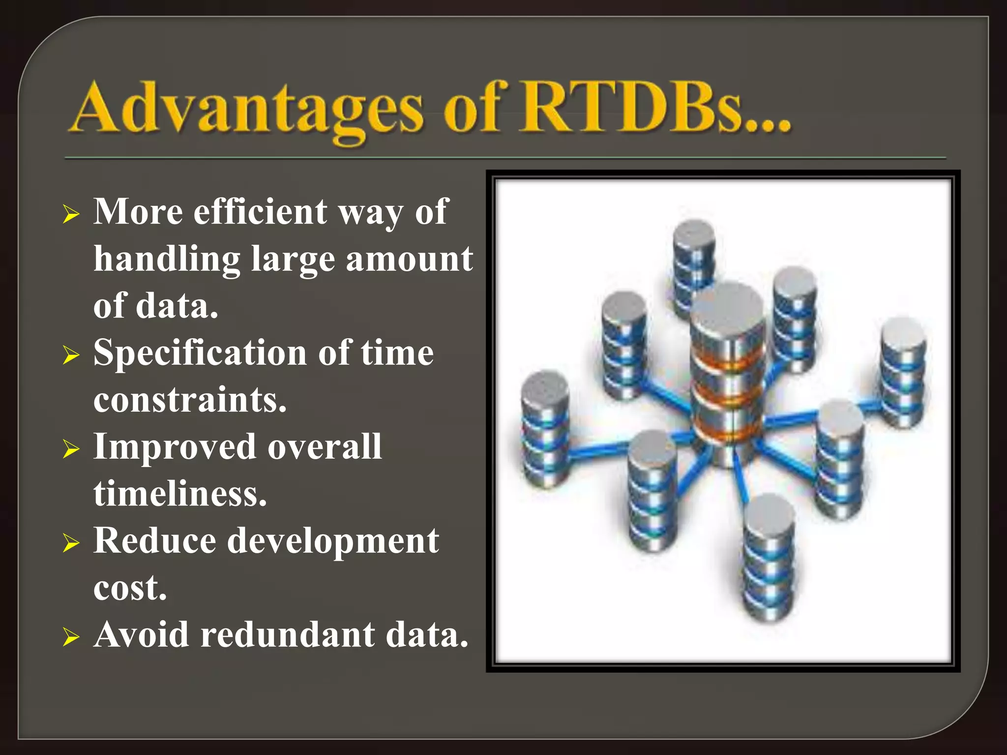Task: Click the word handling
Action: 167,259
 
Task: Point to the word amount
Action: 409,259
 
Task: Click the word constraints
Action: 190,399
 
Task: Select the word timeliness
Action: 180,494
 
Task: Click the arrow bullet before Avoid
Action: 71,637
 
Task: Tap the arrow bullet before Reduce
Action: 71,543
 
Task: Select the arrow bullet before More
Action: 71,214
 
